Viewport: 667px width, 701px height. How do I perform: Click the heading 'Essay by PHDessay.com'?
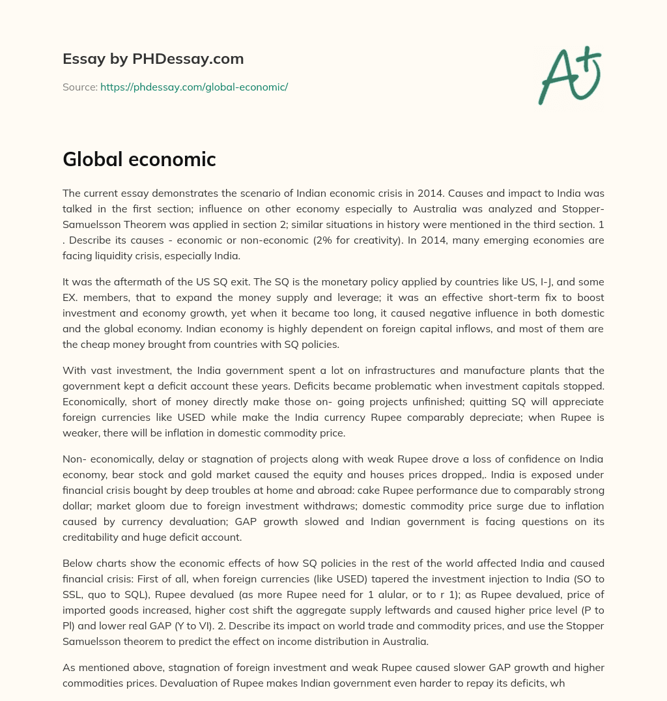pyautogui.click(x=153, y=59)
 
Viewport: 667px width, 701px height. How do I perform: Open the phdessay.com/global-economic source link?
pyautogui.click(x=193, y=87)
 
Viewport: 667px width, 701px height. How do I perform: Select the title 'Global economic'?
pyautogui.click(x=139, y=160)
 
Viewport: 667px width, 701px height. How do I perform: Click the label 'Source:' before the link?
pyautogui.click(x=79, y=87)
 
